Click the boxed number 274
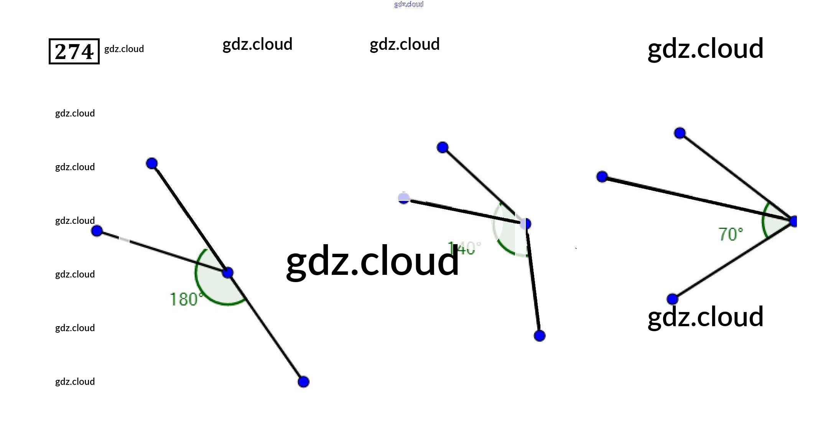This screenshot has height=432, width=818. point(74,51)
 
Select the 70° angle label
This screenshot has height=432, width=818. point(731,234)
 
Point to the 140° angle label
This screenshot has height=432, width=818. point(464,248)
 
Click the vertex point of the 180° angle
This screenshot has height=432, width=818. point(228,273)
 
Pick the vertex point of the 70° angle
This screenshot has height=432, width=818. point(794,221)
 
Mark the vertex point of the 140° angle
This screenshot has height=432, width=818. point(525,224)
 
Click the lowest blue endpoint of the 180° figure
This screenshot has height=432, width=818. point(303,382)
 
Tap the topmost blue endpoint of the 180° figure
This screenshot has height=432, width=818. point(152,164)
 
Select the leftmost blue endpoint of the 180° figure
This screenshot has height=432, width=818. point(97,231)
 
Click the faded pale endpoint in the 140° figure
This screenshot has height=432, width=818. point(404,198)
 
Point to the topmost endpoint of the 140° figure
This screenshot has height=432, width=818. point(443,147)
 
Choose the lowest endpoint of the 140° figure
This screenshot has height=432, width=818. point(540,336)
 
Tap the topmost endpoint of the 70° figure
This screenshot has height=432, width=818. point(680,133)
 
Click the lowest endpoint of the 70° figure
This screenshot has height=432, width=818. point(672,299)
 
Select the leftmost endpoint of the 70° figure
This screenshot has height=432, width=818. point(602,177)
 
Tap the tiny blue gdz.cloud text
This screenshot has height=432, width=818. point(409,4)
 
